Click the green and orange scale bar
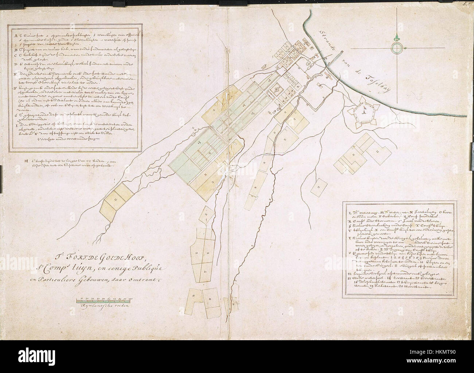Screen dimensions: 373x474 coord(104,301)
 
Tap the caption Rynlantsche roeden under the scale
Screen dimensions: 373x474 coord(105,306)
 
